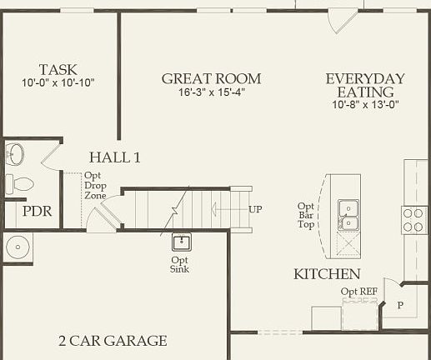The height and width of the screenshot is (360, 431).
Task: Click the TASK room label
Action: pyautogui.click(x=58, y=69)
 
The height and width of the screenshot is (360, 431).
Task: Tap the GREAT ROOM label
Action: pyautogui.click(x=211, y=78)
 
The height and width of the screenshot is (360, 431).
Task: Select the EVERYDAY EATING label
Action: pyautogui.click(x=365, y=85)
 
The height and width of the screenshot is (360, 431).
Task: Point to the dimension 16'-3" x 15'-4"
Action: pyautogui.click(x=211, y=92)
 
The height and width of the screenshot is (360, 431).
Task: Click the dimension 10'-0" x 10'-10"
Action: pyautogui.click(x=58, y=83)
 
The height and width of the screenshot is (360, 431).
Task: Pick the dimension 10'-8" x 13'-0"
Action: pyautogui.click(x=365, y=106)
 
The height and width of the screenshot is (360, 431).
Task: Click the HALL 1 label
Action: pyautogui.click(x=115, y=157)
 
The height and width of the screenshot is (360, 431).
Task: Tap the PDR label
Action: pyautogui.click(x=37, y=212)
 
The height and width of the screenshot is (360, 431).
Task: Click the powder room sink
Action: pyautogui.click(x=14, y=154)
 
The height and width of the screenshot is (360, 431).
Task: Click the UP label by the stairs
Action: pyautogui.click(x=255, y=208)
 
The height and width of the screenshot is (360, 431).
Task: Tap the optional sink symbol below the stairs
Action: pyautogui.click(x=181, y=242)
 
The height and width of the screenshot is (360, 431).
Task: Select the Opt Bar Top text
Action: pyautogui.click(x=306, y=215)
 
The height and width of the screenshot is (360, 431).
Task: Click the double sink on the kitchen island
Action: pyautogui.click(x=348, y=214)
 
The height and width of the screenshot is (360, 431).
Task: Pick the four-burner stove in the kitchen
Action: pyautogui.click(x=414, y=219)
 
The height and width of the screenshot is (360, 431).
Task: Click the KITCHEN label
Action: pyautogui.click(x=327, y=274)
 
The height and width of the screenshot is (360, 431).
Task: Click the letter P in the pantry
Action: pyautogui.click(x=400, y=305)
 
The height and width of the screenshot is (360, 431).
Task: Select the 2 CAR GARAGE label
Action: pyautogui.click(x=113, y=340)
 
